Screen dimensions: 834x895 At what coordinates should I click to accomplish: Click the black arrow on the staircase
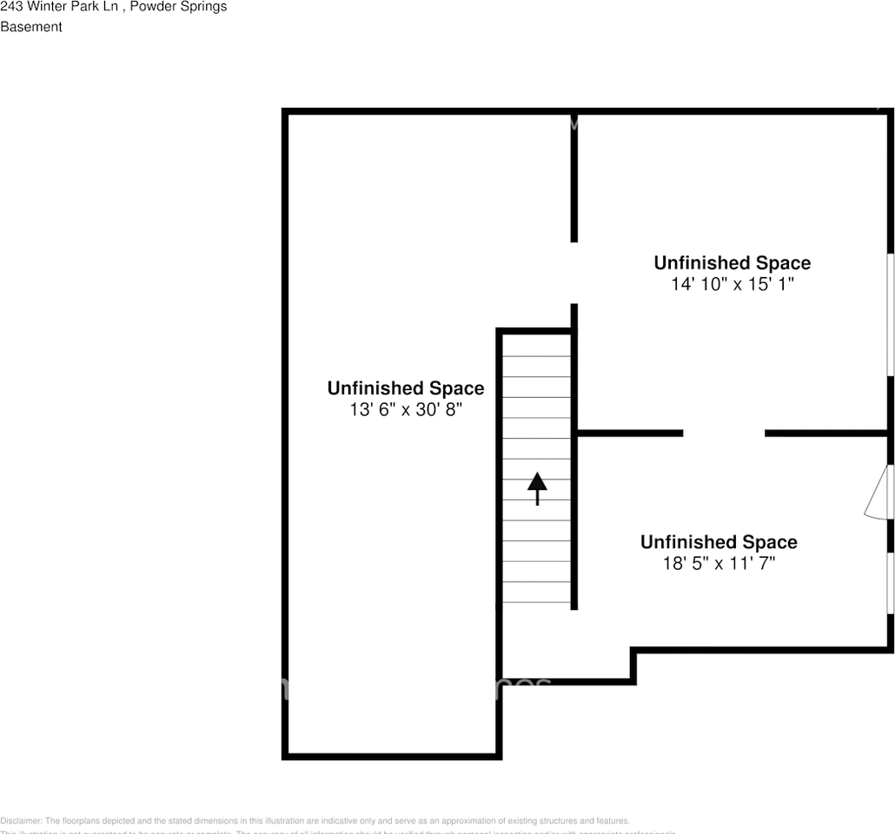click(x=537, y=487)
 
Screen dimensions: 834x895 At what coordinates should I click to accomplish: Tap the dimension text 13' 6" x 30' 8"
click(x=406, y=409)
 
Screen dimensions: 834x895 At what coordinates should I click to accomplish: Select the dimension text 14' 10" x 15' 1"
click(x=733, y=284)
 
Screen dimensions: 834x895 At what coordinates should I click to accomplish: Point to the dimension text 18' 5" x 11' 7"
click(x=719, y=564)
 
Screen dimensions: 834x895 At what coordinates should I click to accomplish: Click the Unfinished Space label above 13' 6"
click(x=406, y=388)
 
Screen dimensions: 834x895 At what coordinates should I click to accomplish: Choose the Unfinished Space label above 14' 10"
click(x=733, y=262)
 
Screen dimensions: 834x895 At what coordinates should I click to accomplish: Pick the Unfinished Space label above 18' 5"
click(x=719, y=542)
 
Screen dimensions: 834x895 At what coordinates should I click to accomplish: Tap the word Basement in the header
click(x=31, y=27)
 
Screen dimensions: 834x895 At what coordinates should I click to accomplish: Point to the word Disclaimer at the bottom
click(x=20, y=821)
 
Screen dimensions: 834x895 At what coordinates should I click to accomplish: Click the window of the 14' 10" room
click(x=891, y=314)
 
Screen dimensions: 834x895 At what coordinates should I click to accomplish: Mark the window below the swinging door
click(x=891, y=582)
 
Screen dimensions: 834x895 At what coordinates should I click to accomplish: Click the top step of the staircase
click(x=537, y=344)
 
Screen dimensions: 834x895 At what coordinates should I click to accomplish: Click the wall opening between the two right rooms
click(x=724, y=433)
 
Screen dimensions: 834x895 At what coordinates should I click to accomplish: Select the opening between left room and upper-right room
click(x=573, y=273)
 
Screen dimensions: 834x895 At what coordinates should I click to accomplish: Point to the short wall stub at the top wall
click(x=573, y=122)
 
